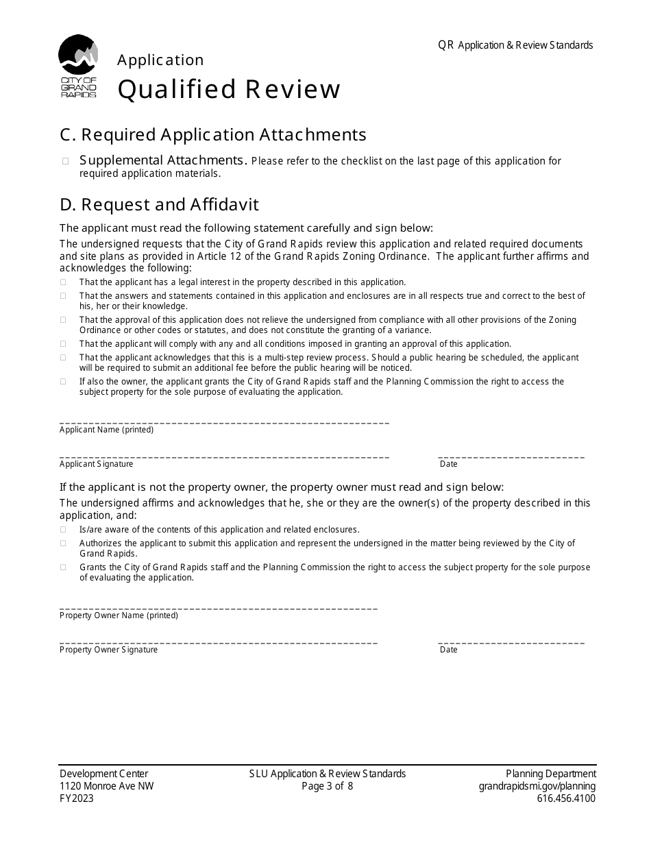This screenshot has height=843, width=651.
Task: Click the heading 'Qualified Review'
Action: click(229, 90)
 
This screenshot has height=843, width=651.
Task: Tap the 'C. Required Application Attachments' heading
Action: click(213, 134)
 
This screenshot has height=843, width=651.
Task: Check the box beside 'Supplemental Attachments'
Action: click(66, 161)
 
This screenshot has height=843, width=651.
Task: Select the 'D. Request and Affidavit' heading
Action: click(159, 205)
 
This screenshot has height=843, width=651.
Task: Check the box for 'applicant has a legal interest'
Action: click(64, 282)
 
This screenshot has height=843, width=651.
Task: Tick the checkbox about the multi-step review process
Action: click(64, 358)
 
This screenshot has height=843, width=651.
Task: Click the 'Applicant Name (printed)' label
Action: click(106, 430)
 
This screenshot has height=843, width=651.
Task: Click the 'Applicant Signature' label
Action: click(96, 464)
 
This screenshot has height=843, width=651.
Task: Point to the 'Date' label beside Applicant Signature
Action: click(448, 464)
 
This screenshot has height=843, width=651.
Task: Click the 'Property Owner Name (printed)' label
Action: click(119, 615)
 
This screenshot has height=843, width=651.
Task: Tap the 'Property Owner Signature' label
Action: click(108, 650)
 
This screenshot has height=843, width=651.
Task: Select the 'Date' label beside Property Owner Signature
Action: click(448, 650)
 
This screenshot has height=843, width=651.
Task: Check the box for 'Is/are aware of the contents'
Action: click(64, 530)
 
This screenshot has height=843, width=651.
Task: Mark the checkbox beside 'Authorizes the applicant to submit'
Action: click(64, 543)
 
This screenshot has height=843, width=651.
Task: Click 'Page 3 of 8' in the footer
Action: click(328, 786)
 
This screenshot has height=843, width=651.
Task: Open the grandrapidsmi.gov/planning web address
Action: click(537, 786)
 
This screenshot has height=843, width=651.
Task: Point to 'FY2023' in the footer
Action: click(77, 798)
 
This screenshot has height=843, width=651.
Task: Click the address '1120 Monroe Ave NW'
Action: click(106, 786)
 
